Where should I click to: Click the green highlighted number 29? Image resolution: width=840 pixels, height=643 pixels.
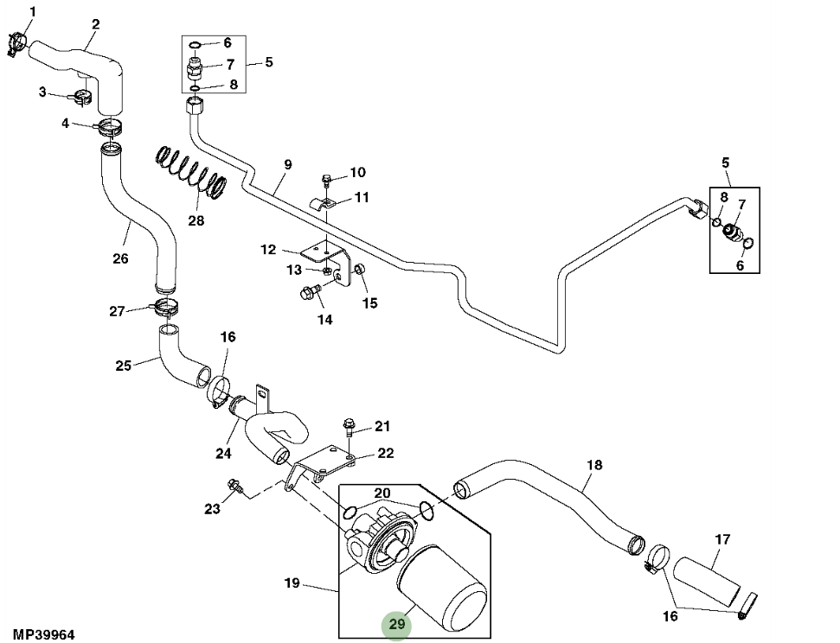[397, 624]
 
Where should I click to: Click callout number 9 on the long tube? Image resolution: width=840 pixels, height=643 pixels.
[287, 164]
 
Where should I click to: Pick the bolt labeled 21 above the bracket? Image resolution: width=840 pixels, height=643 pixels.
[349, 425]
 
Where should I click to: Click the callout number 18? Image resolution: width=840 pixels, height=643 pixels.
[593, 465]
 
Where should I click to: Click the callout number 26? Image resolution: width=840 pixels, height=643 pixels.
[120, 258]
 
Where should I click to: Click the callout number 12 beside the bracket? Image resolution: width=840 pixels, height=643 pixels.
[268, 250]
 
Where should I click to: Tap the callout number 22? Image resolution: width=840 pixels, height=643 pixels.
[385, 453]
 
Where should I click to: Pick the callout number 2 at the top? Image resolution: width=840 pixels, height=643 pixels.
[95, 24]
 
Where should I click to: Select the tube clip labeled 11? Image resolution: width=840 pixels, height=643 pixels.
[324, 205]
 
